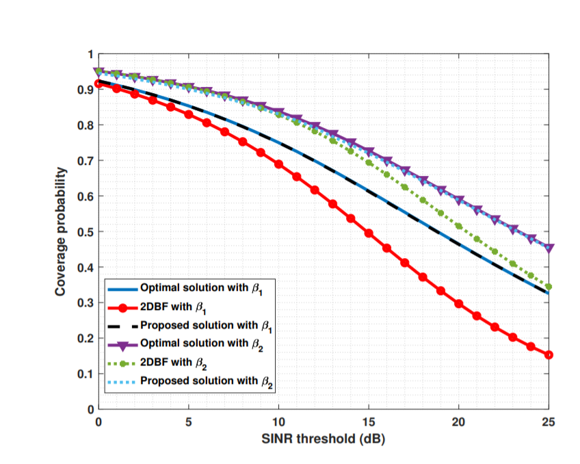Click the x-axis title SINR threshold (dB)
324,438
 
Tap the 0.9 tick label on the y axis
88,90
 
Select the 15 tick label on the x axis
369,422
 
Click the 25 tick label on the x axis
549,422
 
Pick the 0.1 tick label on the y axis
88,374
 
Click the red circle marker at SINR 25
549,355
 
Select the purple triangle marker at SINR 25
549,248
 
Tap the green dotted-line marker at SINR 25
549,287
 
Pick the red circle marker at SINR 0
98,84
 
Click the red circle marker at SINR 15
369,233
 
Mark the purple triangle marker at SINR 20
459,201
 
